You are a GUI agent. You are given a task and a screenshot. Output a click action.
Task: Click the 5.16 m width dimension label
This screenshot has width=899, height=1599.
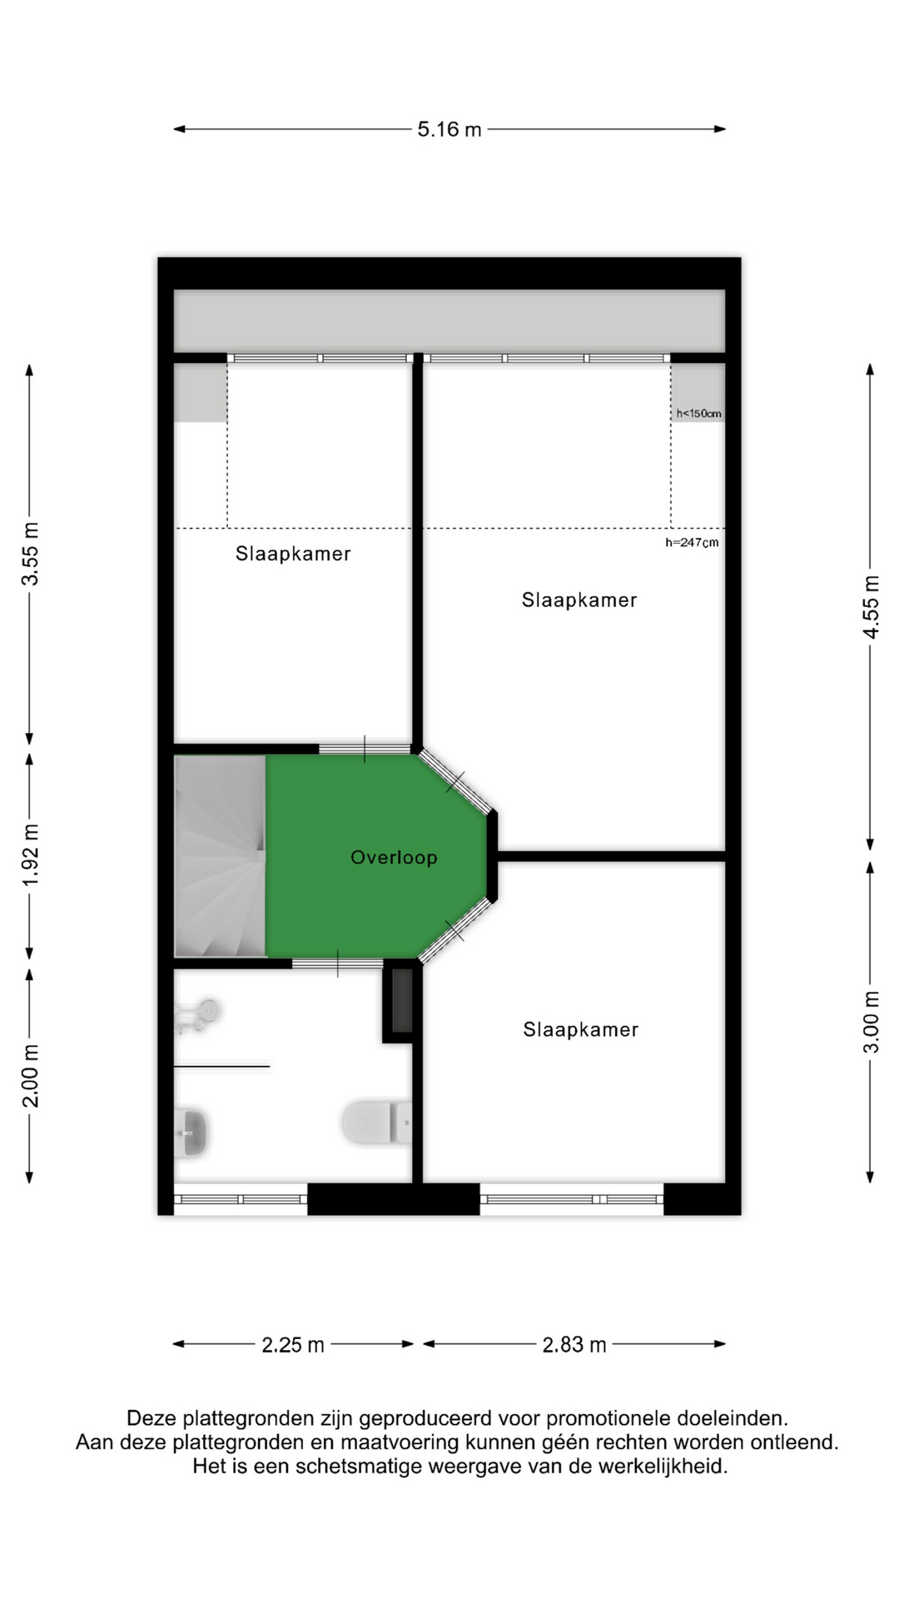coord(449,129)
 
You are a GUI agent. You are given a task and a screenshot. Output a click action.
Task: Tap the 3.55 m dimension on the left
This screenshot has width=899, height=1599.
coord(30,554)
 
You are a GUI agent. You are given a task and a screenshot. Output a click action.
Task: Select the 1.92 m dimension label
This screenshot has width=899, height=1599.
coord(30,855)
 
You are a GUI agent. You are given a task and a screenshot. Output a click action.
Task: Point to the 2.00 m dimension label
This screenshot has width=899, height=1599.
coord(30,1075)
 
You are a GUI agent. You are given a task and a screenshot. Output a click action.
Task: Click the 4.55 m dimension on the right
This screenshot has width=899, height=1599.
coord(870,607)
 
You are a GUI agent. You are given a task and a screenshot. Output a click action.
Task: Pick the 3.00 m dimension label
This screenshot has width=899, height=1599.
coord(870,1021)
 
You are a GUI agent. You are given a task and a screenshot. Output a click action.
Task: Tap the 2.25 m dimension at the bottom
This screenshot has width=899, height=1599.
coord(293,1345)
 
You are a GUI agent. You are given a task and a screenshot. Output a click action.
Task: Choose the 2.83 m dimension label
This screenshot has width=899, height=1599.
coord(574,1345)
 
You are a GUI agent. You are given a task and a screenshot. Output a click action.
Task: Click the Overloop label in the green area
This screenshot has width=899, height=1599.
coord(394,858)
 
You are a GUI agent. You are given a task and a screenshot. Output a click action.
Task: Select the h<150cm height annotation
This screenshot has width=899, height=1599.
coord(698,413)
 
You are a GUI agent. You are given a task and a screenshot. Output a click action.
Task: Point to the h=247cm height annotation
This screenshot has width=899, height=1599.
coord(692,542)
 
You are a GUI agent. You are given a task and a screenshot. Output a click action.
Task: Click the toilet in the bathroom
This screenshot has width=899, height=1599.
coord(376,1123)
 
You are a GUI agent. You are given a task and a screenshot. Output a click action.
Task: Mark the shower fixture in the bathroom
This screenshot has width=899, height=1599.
coord(197,1016)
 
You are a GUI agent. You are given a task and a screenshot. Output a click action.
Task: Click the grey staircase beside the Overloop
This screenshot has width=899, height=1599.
coord(220,856)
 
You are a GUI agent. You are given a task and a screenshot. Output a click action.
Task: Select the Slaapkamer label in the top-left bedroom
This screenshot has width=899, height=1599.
coord(293,554)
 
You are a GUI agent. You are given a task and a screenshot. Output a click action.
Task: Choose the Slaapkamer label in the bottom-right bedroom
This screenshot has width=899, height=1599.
coord(581,1030)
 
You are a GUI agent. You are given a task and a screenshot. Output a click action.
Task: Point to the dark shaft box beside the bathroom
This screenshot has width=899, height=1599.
coord(401,1001)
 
